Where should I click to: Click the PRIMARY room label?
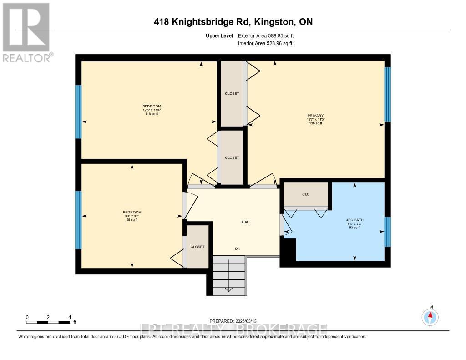click(315, 116)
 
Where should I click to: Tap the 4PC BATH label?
click(355, 220)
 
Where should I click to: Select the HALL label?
click(246, 222)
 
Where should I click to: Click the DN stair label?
click(238, 248)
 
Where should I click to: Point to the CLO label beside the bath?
click(306, 194)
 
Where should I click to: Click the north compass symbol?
click(430, 316)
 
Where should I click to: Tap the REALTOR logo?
click(27, 32)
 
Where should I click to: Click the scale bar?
click(48, 322)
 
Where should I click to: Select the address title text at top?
click(233, 22)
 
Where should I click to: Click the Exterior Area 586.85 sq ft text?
click(269, 35)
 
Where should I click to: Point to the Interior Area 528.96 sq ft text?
click(265, 43)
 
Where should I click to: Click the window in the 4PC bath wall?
click(387, 231)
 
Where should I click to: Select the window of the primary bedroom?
click(387, 94)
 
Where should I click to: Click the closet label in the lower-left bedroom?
click(198, 247)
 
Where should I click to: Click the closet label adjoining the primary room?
click(232, 93)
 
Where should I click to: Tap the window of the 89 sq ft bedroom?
click(78, 220)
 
